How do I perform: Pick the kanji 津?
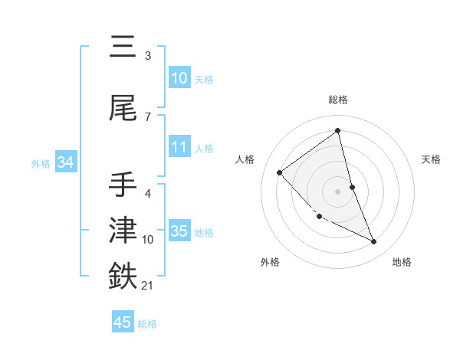pyautogui.click(x=123, y=231)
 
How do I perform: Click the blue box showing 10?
pyautogui.click(x=179, y=79)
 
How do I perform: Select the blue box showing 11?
pyautogui.click(x=179, y=148)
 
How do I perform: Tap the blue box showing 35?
pyautogui.click(x=179, y=232)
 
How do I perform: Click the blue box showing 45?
pyautogui.click(x=122, y=322)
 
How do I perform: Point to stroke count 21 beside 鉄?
pyautogui.click(x=148, y=286)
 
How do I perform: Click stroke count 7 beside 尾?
pyautogui.click(x=147, y=116)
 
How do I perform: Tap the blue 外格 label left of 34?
pyautogui.click(x=41, y=163)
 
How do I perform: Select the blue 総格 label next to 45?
pyautogui.click(x=147, y=323)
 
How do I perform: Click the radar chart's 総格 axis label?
pyautogui.click(x=338, y=100)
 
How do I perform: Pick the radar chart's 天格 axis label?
pyautogui.click(x=431, y=159)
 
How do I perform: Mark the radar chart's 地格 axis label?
pyautogui.click(x=402, y=262)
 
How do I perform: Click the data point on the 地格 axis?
pyautogui.click(x=374, y=242)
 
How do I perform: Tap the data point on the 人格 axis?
pyautogui.click(x=280, y=172)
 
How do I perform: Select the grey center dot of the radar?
pyautogui.click(x=338, y=191)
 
